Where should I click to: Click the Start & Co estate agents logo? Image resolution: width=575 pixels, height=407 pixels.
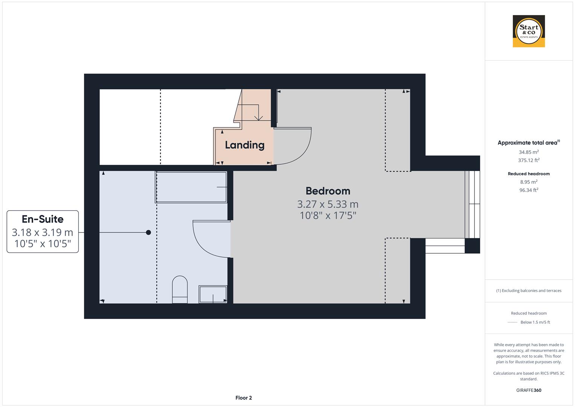coord(529,31)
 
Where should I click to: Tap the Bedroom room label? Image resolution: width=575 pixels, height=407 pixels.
coord(328,191)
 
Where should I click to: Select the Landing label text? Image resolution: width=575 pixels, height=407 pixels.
coord(245,145)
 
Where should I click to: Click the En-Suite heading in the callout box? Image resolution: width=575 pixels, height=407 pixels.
coord(43,219)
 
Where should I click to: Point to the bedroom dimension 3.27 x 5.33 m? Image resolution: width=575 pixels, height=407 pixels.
coord(328,204)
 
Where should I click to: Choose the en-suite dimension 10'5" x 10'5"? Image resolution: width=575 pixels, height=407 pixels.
coord(43,244)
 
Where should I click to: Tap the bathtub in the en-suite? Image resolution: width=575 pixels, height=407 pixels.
coord(191,187)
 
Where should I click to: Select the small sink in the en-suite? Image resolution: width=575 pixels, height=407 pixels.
coord(213,294)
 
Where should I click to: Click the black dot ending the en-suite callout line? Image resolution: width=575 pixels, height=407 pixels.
coord(148,233)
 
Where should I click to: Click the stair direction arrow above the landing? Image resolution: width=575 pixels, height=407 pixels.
coord(258,118)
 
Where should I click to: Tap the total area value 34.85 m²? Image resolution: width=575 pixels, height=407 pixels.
coord(529,152)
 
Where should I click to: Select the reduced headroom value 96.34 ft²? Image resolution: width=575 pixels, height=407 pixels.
coord(529,190)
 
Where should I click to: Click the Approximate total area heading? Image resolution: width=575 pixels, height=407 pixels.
coord(528,143)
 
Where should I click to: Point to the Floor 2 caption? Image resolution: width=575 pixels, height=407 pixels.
coord(244,398)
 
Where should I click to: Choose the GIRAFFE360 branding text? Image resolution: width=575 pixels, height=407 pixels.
coord(529,390)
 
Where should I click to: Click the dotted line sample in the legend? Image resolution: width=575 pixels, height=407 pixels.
coord(512,322)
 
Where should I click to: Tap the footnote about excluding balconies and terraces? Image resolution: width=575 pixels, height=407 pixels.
coord(529,291)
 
